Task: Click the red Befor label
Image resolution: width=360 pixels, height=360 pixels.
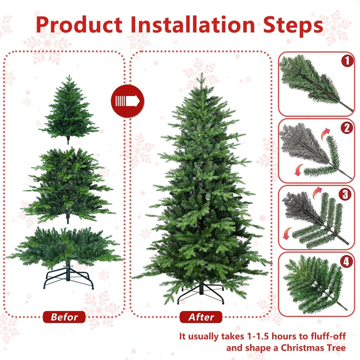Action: tap(64, 317)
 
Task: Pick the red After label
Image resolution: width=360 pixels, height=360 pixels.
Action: tap(201, 317)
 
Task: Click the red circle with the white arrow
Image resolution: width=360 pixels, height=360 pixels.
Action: tap(128, 101)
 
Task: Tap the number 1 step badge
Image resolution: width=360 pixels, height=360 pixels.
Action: tap(347, 61)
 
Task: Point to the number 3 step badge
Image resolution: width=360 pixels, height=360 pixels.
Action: tap(345, 195)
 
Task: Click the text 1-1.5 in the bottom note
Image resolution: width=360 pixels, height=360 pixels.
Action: tap(257, 336)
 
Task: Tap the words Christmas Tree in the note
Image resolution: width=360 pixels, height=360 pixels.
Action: tap(313, 348)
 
